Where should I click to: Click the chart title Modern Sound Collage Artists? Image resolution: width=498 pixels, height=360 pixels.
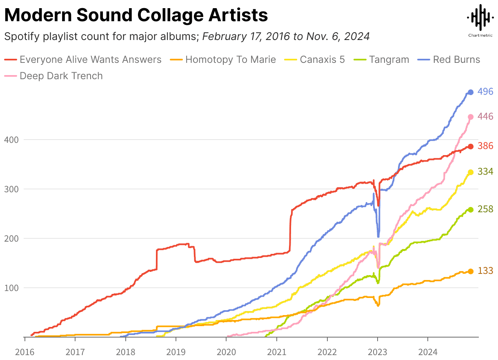coord(136,16)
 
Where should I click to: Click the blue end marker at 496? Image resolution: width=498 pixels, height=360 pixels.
coord(470,92)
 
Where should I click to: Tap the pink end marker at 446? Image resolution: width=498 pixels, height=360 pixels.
coord(470,117)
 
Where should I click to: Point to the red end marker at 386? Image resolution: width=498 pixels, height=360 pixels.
coord(470,147)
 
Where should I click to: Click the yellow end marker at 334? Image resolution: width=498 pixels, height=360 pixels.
coord(470,172)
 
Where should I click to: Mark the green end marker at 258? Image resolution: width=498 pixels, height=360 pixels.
coord(470,210)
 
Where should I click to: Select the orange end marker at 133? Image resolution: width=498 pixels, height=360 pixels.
coord(470,271)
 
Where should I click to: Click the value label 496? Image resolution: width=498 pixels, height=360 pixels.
coord(485,92)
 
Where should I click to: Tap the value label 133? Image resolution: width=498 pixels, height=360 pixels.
coord(485,271)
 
